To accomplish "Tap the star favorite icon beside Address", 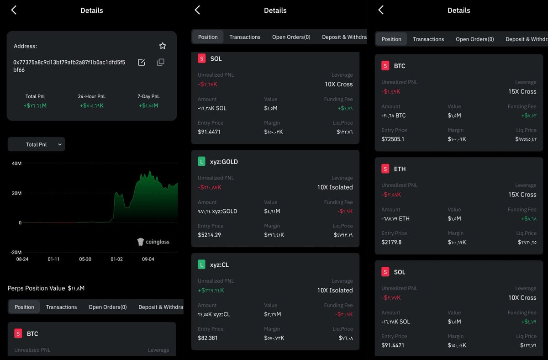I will (163, 46).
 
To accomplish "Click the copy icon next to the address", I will (160, 62).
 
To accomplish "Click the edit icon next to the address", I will (141, 62).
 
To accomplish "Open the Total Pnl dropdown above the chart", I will (37, 144).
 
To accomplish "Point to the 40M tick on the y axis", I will (16, 164).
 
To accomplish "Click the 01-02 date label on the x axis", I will (116, 259).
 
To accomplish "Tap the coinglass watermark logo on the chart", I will (153, 242).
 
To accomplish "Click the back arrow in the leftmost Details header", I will (14, 10).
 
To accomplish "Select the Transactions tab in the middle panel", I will (245, 37).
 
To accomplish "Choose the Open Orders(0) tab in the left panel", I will (108, 307).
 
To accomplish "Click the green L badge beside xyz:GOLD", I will (201, 161).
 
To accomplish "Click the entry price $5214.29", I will (209, 235).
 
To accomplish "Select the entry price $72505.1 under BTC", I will (393, 139).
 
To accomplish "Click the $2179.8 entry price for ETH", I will (391, 242).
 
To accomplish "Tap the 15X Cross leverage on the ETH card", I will (522, 195).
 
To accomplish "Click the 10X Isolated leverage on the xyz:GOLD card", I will (335, 187).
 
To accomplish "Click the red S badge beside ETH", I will (385, 169).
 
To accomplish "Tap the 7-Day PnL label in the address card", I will (148, 96).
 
